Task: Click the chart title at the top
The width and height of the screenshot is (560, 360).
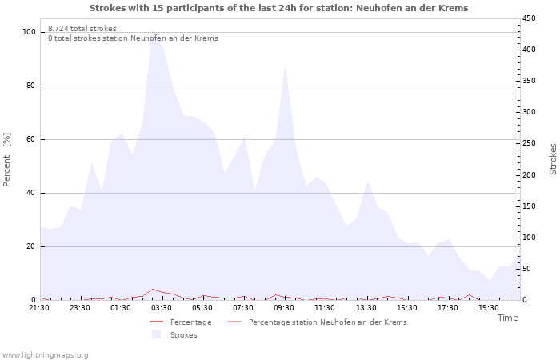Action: point(279,8)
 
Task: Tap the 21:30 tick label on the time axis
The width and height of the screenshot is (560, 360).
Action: point(39,307)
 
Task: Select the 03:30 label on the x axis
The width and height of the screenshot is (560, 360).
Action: point(162,307)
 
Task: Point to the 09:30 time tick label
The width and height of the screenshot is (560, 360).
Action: point(284,307)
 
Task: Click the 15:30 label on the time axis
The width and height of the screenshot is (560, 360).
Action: point(406,307)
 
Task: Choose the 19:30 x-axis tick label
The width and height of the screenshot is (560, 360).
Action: point(488,307)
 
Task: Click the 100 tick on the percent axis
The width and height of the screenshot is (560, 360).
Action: point(29,32)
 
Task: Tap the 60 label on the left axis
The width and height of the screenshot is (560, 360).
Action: point(31,139)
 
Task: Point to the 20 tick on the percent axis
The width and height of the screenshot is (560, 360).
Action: point(31,246)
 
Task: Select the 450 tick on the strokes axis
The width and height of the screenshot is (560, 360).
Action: point(530,18)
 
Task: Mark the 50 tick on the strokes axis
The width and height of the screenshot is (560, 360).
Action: point(528,269)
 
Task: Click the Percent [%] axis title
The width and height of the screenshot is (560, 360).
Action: point(7,159)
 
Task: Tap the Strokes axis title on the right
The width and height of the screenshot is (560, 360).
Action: point(553,159)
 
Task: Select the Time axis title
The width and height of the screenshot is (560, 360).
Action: point(507,318)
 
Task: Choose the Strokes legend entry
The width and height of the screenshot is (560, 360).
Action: point(183,335)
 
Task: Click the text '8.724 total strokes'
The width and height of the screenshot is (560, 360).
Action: point(82,29)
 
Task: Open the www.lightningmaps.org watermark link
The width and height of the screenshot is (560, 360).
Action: point(45,355)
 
